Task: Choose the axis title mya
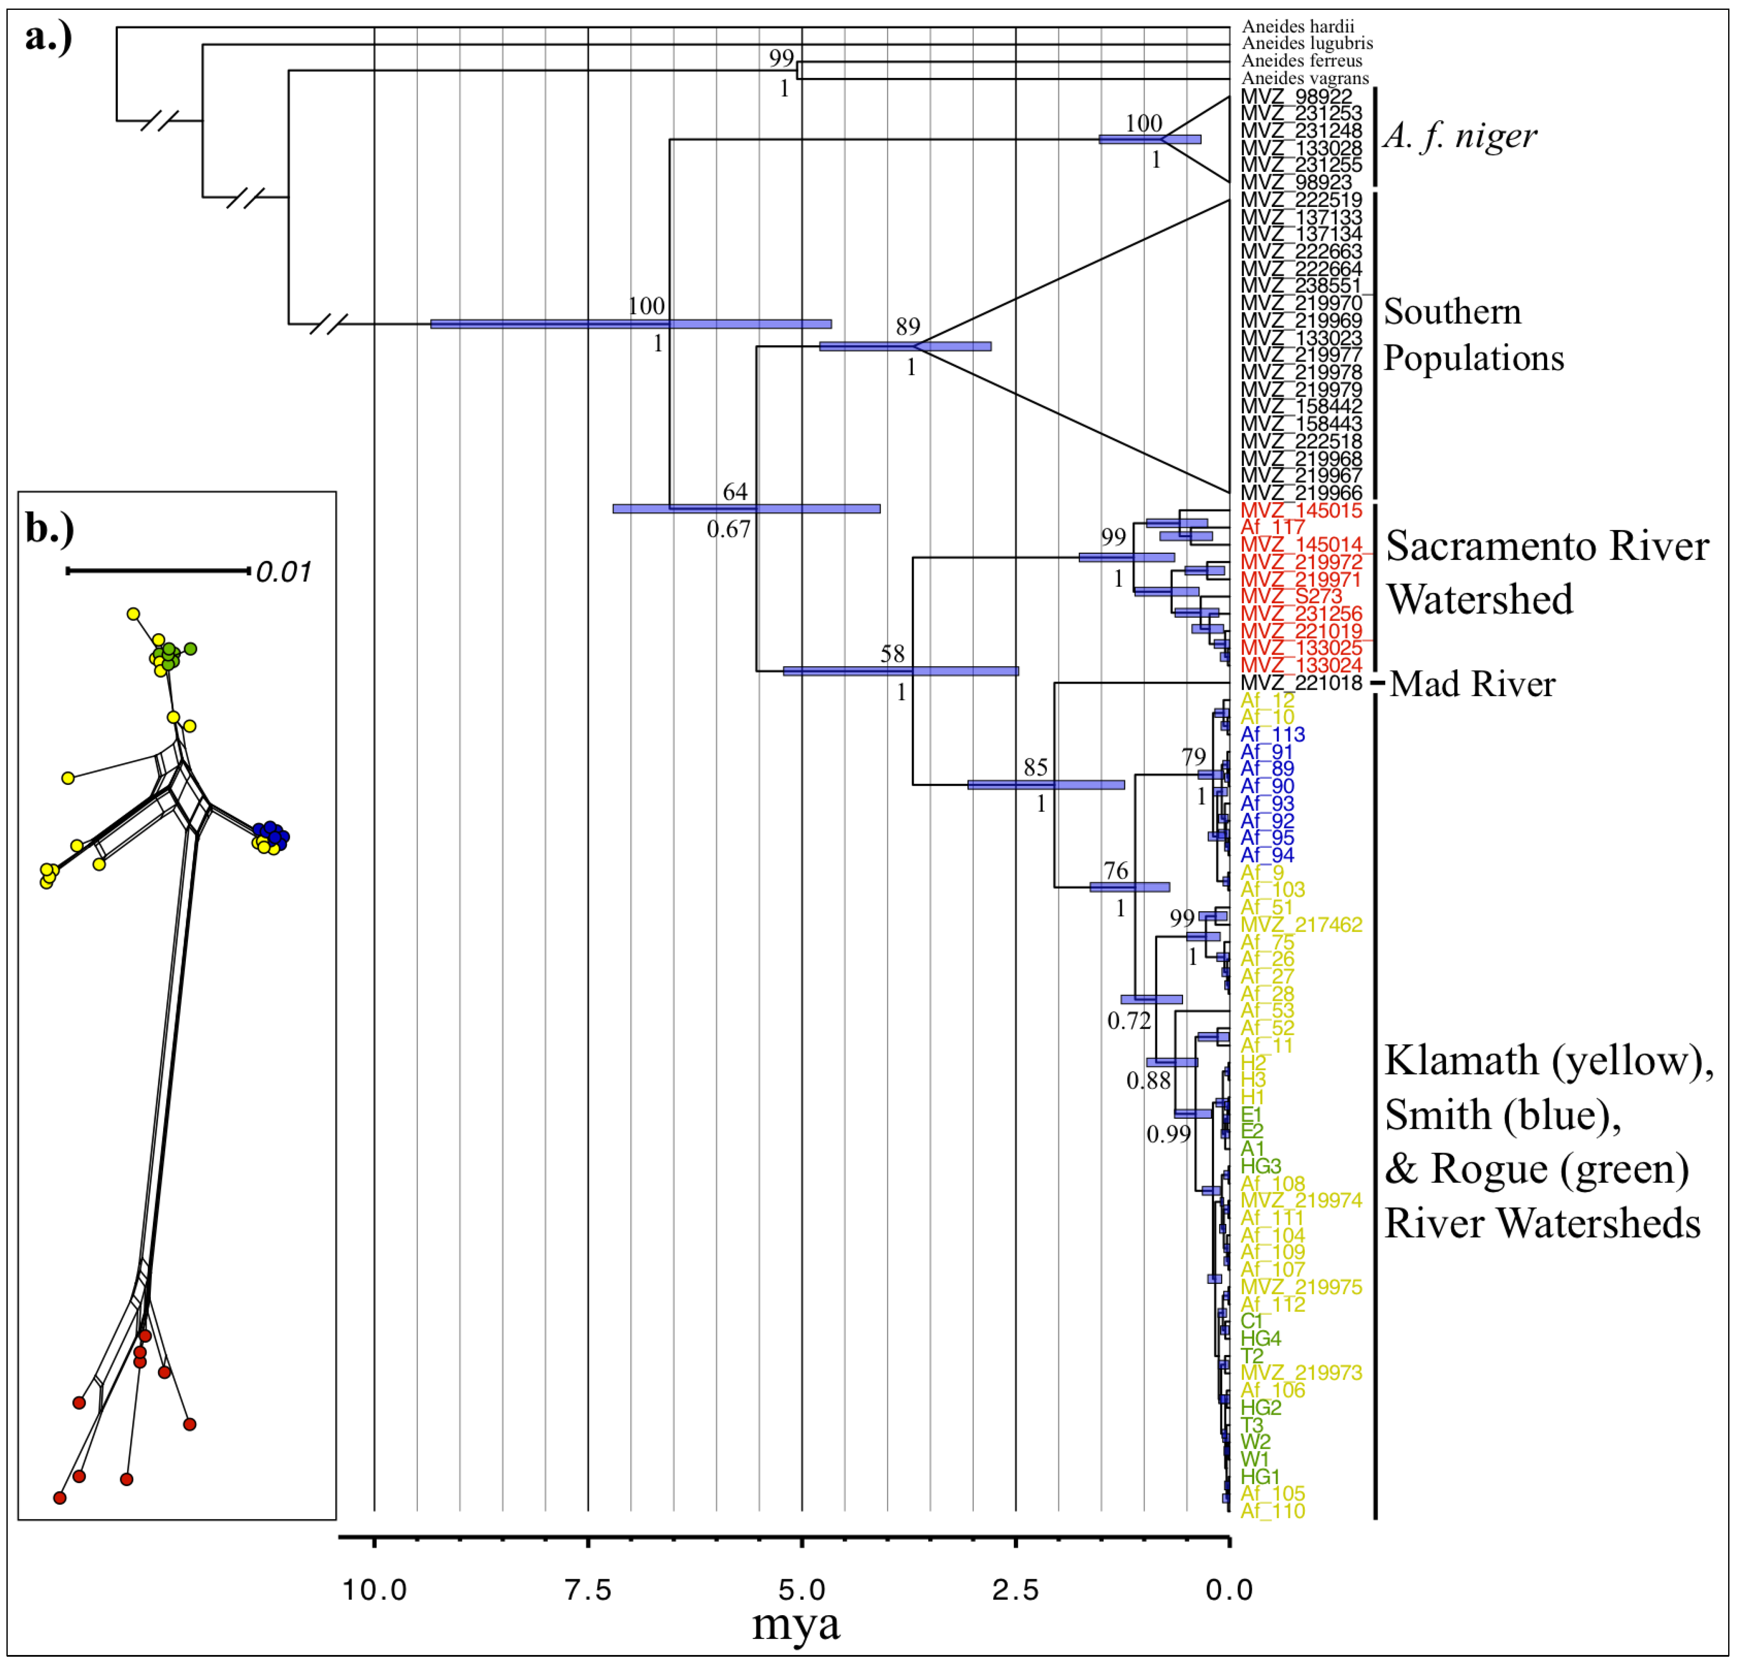coord(796,1624)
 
